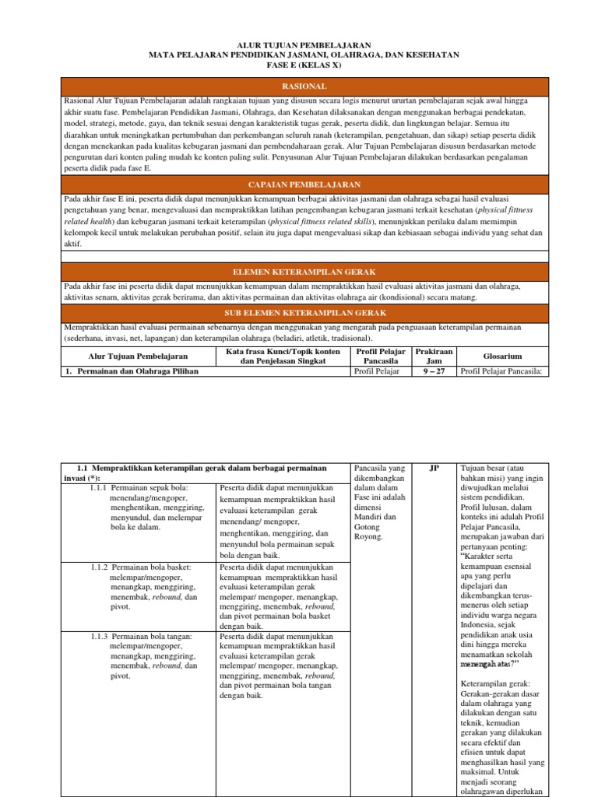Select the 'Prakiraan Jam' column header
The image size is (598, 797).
pyautogui.click(x=434, y=356)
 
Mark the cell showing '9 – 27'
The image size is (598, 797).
pyautogui.click(x=434, y=371)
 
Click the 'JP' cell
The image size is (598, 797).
pyautogui.click(x=434, y=469)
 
